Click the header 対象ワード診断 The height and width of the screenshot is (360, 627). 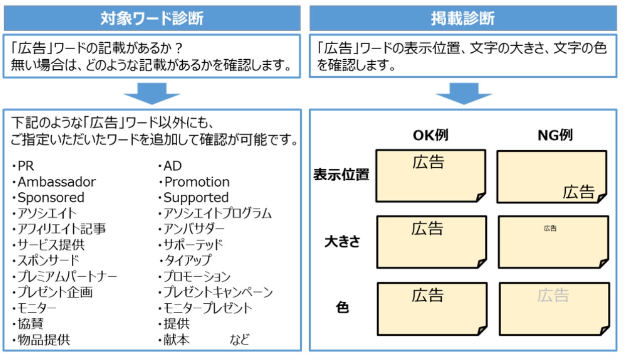pos(152,18)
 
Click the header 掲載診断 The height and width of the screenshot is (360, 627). pos(462,18)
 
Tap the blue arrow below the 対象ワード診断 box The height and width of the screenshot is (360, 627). pos(152,93)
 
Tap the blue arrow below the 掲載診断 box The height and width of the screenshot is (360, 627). pos(462,93)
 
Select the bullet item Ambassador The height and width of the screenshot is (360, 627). pos(56,182)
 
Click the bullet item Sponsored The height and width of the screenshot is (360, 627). pos(51,198)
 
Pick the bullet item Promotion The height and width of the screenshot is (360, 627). pos(197,182)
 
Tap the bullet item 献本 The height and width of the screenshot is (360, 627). pos(176,339)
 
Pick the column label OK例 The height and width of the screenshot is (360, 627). pos(430,136)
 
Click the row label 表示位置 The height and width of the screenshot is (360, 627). pos(341,175)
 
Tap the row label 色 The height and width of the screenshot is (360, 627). pos(342,308)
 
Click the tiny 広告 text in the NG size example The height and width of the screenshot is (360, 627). pos(550,228)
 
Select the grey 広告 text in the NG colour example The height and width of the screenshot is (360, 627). pos(553,295)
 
